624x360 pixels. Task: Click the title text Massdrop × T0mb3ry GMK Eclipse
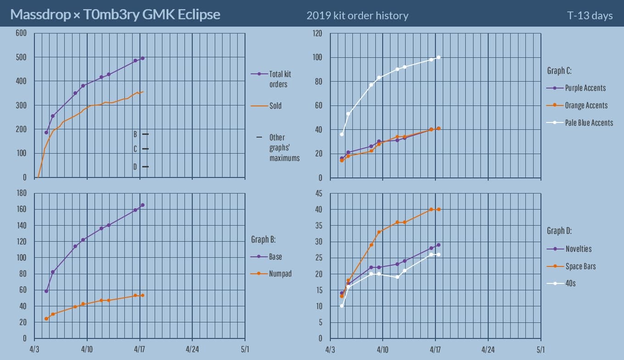(115, 15)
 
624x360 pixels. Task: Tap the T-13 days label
(590, 16)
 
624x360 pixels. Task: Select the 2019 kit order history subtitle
(357, 16)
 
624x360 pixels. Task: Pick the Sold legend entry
(275, 106)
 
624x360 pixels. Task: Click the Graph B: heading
(263, 239)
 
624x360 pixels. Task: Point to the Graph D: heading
(559, 231)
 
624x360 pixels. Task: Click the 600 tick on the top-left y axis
(21, 33)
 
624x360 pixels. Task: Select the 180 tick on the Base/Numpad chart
(21, 193)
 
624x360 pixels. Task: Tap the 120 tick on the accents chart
(317, 33)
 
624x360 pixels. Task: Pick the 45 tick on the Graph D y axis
(319, 193)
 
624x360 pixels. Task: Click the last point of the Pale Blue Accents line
(439, 57)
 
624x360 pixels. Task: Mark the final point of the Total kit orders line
(143, 58)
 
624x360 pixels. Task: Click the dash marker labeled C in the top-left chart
(145, 149)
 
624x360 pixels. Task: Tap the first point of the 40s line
(342, 306)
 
